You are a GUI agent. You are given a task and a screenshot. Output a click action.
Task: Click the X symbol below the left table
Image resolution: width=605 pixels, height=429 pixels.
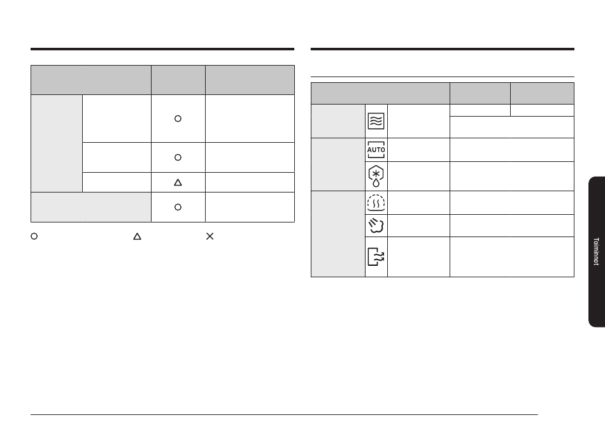tap(210, 236)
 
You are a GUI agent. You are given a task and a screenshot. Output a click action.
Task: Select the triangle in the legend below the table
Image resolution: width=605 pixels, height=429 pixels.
tap(137, 236)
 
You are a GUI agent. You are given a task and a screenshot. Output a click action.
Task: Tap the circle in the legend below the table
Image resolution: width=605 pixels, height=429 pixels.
tap(34, 236)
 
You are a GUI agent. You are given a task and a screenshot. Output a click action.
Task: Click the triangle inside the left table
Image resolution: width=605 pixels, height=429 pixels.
tap(178, 182)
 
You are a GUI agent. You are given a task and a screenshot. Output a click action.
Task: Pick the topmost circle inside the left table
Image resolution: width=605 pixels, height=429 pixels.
tap(178, 119)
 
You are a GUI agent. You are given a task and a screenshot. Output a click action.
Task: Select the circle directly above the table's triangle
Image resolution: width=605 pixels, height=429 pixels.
tap(178, 157)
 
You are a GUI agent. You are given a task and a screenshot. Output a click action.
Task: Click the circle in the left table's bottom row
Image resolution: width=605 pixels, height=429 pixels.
tap(178, 207)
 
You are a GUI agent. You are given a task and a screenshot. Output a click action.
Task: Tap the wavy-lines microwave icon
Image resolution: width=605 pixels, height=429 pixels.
tap(376, 121)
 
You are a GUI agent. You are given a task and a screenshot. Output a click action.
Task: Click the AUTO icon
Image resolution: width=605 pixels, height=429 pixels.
tap(376, 150)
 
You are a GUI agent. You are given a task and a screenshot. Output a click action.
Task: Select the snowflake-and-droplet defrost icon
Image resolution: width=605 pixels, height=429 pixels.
tap(376, 176)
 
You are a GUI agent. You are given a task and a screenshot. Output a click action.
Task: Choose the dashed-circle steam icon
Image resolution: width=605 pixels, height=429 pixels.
tap(376, 203)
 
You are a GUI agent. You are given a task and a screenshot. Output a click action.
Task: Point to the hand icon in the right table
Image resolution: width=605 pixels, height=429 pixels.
tap(376, 226)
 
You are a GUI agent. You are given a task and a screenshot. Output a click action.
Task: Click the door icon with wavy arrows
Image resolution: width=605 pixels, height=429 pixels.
tap(376, 257)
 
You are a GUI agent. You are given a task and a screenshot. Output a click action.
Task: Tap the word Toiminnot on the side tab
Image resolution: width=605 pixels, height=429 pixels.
tap(596, 251)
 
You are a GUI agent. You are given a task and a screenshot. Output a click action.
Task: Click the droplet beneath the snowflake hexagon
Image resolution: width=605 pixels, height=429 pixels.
tap(376, 183)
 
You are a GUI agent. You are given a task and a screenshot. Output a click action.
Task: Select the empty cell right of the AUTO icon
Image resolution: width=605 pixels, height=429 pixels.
tap(418, 150)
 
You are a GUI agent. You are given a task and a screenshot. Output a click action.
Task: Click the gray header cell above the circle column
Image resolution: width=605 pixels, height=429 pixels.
tap(178, 80)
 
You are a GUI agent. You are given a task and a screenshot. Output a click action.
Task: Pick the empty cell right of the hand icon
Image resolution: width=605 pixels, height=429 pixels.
tap(418, 226)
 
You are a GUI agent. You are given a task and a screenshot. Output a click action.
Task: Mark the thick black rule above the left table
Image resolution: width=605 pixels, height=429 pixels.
tap(162, 49)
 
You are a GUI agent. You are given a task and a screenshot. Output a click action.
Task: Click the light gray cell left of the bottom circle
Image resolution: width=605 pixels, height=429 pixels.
tap(91, 207)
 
